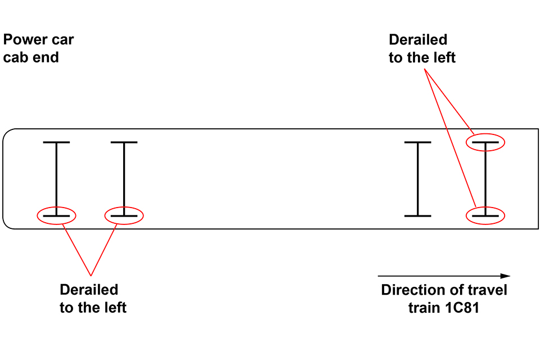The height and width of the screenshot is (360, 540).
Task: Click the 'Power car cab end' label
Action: click(x=38, y=48)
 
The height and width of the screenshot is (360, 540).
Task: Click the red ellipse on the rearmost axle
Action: click(x=56, y=215)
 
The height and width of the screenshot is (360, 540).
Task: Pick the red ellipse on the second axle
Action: click(x=124, y=215)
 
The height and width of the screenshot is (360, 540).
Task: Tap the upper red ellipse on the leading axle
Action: click(x=486, y=143)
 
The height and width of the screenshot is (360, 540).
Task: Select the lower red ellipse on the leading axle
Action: click(x=486, y=215)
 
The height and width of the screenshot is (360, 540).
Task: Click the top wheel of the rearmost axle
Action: click(x=56, y=143)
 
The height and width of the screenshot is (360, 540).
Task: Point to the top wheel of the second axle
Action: click(x=124, y=143)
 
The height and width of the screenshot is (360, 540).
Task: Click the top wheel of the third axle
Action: click(x=417, y=143)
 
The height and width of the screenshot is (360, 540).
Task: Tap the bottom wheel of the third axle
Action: click(x=417, y=215)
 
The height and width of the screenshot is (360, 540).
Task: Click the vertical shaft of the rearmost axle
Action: click(x=56, y=179)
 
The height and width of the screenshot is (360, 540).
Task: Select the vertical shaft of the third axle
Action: click(x=417, y=179)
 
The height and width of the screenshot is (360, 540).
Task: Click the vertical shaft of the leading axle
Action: click(x=486, y=179)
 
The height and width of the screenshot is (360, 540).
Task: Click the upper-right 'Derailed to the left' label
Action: click(x=421, y=48)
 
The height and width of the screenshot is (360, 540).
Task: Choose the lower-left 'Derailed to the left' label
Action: click(x=93, y=299)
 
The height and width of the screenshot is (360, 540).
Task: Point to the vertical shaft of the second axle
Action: click(x=124, y=179)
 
